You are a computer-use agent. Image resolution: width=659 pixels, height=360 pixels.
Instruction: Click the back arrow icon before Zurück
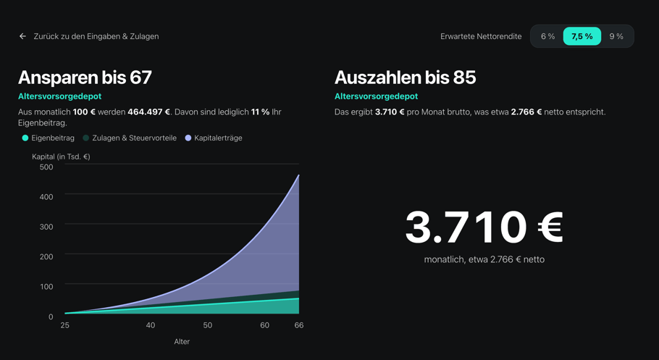[22, 37]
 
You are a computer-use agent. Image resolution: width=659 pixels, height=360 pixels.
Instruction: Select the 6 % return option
[547, 37]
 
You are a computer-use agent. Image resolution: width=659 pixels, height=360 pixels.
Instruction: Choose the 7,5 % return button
[582, 37]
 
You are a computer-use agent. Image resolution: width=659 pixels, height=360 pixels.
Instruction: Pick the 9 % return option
[616, 37]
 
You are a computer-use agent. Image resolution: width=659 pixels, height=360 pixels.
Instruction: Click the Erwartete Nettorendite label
[481, 37]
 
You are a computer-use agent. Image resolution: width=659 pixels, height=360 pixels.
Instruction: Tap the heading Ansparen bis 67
[85, 78]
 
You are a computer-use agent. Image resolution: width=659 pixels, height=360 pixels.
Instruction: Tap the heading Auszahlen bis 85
[405, 78]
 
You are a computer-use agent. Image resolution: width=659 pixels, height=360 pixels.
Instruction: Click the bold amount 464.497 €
[148, 112]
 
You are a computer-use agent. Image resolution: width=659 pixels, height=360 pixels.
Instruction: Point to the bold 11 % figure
[260, 112]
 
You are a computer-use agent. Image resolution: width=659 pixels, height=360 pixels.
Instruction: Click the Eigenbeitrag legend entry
[49, 138]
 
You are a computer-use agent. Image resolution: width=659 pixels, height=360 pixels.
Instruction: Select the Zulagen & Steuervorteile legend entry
[130, 138]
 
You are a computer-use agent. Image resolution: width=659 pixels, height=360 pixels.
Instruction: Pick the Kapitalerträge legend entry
[214, 138]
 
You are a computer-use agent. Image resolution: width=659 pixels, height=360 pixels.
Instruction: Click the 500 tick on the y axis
[46, 167]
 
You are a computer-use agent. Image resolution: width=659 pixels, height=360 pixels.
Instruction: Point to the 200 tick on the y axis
[46, 256]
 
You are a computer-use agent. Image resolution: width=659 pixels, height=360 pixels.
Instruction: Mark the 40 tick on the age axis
[151, 325]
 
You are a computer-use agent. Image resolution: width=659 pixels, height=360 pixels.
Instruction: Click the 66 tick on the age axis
[299, 325]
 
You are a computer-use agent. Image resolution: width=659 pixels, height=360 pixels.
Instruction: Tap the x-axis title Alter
[182, 342]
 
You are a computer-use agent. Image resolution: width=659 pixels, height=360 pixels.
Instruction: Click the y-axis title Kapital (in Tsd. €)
[62, 157]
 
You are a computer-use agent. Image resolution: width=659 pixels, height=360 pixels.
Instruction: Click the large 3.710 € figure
[484, 227]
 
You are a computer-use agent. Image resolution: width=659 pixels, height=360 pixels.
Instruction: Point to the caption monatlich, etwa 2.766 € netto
[484, 260]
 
